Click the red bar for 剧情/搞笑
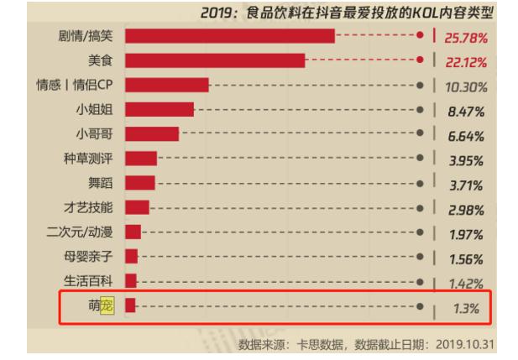[x=229, y=35]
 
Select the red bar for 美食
[x=214, y=60]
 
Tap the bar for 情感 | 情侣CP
[x=166, y=85]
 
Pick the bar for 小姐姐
[x=159, y=109]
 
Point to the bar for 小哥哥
[x=151, y=133]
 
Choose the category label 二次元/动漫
[x=81, y=231]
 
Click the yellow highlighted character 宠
[x=107, y=305]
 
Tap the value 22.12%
[x=469, y=63]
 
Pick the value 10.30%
[x=469, y=87]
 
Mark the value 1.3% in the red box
[x=465, y=309]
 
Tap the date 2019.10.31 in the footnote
[x=473, y=344]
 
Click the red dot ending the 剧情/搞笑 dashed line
[x=420, y=35]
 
